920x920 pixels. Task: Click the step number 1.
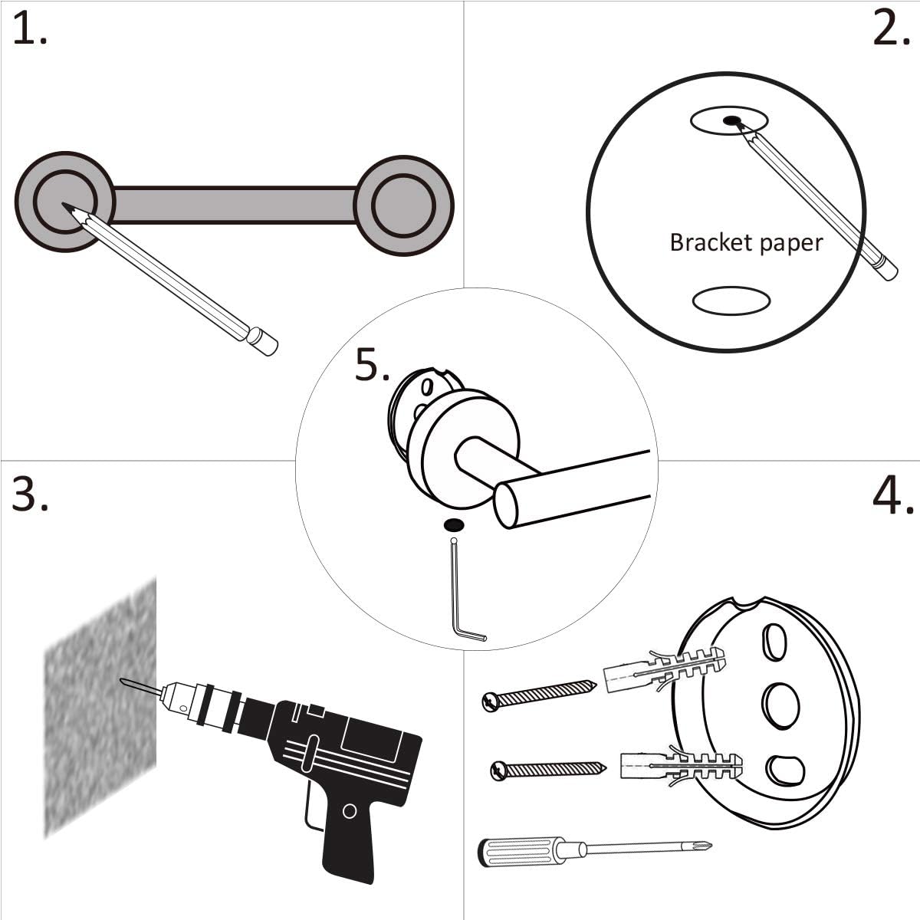click(29, 31)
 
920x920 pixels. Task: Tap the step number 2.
click(891, 31)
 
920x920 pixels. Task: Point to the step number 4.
click(892, 496)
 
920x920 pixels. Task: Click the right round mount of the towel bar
click(404, 205)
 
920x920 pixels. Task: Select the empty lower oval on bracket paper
click(731, 301)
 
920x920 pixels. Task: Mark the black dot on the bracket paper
click(732, 120)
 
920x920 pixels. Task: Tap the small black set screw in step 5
click(453, 525)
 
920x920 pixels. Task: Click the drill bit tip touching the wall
click(125, 681)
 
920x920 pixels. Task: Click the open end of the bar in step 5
click(506, 506)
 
